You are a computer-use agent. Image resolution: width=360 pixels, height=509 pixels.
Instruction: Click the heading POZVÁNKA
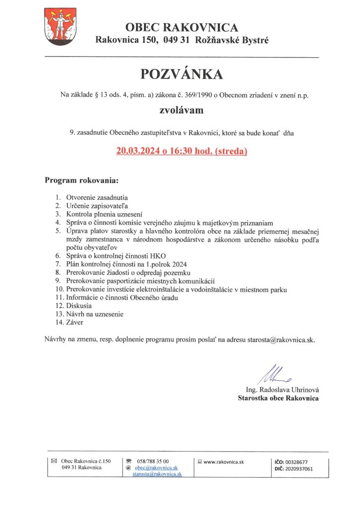tap(181, 74)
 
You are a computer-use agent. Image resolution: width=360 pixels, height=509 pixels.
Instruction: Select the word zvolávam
tap(181, 110)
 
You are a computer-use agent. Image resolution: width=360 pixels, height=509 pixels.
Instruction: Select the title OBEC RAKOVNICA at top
tap(181, 27)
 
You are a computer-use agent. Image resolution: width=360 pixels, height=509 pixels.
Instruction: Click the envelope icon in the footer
tap(54, 461)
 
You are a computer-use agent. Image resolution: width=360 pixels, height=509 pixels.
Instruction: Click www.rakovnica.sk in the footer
tap(224, 462)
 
